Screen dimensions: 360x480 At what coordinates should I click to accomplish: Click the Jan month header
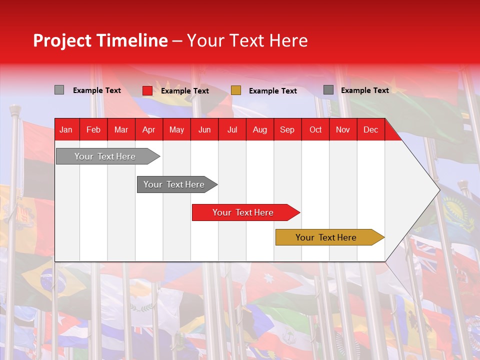pos(66,130)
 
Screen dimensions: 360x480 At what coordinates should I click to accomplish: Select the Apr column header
pos(148,130)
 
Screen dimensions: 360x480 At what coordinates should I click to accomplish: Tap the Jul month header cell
pos(232,130)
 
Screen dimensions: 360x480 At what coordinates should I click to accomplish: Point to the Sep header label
pos(287,130)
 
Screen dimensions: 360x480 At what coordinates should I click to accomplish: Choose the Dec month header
pos(370,130)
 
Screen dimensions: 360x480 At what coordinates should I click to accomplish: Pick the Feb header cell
pos(93,130)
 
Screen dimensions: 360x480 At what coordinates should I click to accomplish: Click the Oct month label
pos(315,130)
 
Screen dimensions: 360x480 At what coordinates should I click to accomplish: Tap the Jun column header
pos(204,130)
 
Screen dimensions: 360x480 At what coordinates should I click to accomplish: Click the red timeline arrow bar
pos(243,212)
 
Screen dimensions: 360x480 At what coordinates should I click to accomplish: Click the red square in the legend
pos(147,90)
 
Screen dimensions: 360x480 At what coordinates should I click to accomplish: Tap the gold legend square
pos(236,90)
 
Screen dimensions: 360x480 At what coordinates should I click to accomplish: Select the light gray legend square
pos(59,90)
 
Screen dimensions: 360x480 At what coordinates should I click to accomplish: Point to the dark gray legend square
pos(328,90)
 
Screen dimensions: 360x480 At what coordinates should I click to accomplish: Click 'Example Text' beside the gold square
pos(273,91)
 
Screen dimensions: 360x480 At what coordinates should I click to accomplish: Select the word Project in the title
pos(63,40)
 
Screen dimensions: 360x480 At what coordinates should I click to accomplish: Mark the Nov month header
pos(343,130)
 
